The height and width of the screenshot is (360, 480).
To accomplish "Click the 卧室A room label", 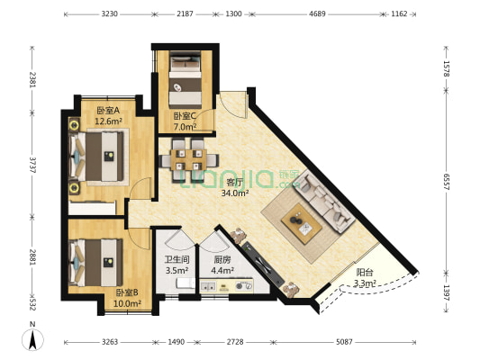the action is point(108,111).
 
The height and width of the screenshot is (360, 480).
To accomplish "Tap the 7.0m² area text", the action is point(185,126).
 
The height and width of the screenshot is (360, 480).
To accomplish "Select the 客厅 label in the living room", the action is point(234,183).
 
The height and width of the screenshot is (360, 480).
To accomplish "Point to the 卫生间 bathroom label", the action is point(177,260).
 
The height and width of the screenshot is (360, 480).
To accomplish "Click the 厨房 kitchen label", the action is point(222,260).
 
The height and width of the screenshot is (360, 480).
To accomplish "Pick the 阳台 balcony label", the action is point(365,272).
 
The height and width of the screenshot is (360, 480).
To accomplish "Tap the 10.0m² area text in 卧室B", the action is point(127,303).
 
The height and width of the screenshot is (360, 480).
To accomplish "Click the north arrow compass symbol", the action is point(32,339).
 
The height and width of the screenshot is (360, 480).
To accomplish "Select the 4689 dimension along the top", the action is point(317,13).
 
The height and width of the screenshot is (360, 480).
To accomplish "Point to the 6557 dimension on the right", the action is point(447,182).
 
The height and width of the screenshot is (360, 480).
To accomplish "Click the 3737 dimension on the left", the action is point(32,166).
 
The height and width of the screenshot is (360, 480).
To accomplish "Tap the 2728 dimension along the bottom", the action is point(235,342).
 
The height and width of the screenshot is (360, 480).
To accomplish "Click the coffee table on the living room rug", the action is point(302,223).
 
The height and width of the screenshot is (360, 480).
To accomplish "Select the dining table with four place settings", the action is point(188,159).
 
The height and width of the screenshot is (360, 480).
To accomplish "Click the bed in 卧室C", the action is point(186,80).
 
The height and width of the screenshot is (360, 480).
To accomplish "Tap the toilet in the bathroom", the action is point(186,283).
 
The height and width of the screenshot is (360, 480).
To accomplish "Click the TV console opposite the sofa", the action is point(261,264).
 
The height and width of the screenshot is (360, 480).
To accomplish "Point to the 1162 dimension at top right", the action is point(399,13).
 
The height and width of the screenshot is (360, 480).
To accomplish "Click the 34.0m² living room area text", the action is point(235,193).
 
